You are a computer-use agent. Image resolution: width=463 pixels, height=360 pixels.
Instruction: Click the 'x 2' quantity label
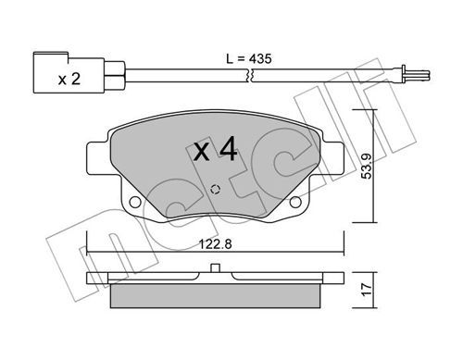(69, 79)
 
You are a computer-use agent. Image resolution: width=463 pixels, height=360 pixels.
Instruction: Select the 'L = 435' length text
(249, 58)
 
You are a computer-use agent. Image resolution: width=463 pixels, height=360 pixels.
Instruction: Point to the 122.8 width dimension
(215, 244)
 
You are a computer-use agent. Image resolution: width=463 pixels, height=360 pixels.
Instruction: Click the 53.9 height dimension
(368, 167)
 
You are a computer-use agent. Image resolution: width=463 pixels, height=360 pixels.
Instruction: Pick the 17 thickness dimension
(367, 290)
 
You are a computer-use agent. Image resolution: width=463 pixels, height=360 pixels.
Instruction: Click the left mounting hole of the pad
(135, 202)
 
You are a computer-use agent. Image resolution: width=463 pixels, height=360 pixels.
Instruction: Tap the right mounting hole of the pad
(295, 202)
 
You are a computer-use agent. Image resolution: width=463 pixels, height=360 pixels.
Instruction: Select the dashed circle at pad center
(215, 190)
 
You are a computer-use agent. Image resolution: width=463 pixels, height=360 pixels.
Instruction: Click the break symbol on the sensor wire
(249, 76)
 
